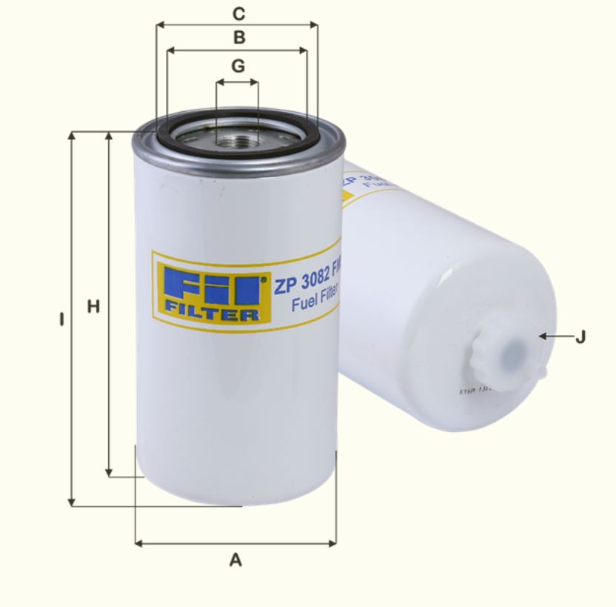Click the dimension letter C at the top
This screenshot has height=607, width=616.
pyautogui.click(x=238, y=13)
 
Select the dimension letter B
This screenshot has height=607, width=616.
pyautogui.click(x=238, y=37)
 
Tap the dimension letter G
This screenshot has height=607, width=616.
pyautogui.click(x=238, y=66)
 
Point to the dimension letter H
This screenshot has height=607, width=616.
pyautogui.click(x=93, y=306)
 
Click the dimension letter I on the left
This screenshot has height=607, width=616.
pyautogui.click(x=62, y=320)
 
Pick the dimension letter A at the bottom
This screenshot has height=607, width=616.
pyautogui.click(x=235, y=560)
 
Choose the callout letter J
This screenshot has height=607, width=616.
pyautogui.click(x=580, y=337)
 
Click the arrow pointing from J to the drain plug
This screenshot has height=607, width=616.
pyautogui.click(x=552, y=336)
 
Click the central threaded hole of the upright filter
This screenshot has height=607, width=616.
pyautogui.click(x=237, y=138)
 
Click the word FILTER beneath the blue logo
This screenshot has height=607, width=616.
pyautogui.click(x=212, y=314)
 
